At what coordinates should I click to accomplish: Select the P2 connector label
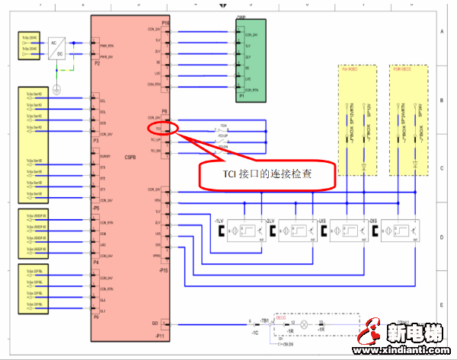(x=97, y=64)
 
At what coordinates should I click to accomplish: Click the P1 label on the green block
(x=241, y=97)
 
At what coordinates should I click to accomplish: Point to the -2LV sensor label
(x=268, y=221)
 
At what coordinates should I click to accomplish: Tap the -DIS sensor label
(x=373, y=221)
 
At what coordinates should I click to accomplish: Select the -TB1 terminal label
(x=266, y=320)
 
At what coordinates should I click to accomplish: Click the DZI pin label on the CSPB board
(x=155, y=323)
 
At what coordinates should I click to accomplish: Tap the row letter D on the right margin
(x=441, y=237)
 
